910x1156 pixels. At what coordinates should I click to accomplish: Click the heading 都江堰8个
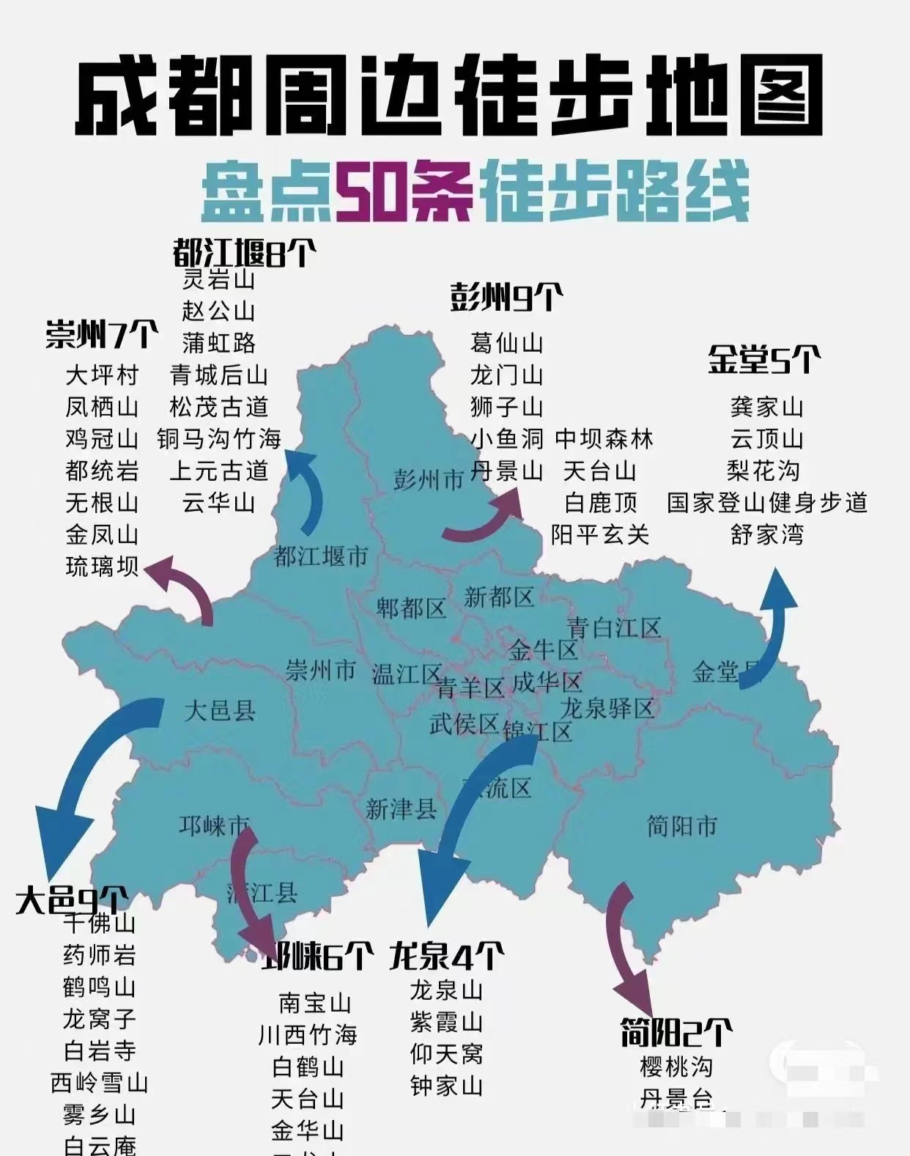[x=245, y=254]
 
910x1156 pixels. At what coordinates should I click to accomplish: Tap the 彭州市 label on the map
[x=429, y=479]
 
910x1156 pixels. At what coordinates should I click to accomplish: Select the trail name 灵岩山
[x=218, y=279]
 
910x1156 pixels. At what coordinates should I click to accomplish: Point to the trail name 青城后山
[x=218, y=375]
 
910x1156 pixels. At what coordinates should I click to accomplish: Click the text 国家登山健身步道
[x=767, y=503]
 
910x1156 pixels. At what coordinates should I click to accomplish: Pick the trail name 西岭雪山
[x=99, y=1083]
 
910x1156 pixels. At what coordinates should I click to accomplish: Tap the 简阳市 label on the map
[x=681, y=826]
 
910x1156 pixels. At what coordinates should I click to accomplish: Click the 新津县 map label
[x=401, y=809]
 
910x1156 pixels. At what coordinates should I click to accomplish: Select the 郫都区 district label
[x=411, y=608]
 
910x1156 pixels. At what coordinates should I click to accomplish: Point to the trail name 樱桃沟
[x=676, y=1067]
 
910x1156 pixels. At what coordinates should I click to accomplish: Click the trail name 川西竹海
[x=308, y=1035]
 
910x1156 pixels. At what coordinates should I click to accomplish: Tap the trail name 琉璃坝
[x=102, y=567]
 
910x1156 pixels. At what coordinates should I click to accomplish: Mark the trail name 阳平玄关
[x=600, y=535]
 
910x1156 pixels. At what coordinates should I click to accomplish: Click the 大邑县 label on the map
[x=219, y=710]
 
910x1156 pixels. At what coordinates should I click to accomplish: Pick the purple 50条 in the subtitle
[x=404, y=192]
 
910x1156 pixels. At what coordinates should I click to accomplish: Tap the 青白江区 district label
[x=614, y=627]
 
